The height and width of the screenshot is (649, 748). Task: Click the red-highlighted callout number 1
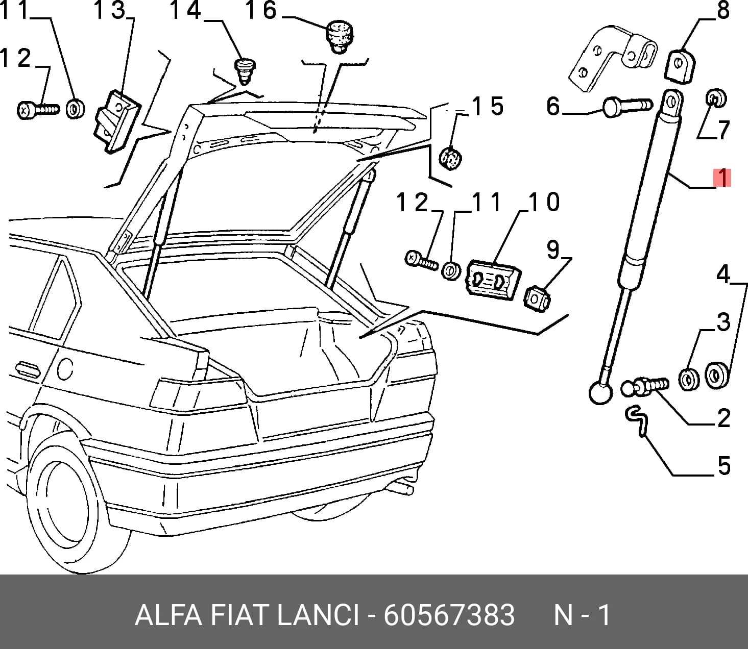(x=722, y=178)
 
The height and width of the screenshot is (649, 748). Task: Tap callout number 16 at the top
(x=260, y=10)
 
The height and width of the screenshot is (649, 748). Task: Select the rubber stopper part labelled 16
(x=340, y=37)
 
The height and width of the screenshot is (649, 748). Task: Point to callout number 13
(x=110, y=10)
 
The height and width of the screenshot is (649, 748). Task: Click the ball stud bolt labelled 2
(x=645, y=386)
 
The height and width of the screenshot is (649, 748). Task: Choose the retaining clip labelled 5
(x=637, y=421)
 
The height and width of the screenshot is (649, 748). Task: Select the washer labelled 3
(x=689, y=379)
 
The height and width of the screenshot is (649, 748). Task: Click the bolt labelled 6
(x=628, y=106)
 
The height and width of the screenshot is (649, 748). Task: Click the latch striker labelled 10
(x=493, y=280)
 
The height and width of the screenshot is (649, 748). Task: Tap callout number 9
(x=553, y=250)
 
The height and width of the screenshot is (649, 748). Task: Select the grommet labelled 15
(x=450, y=158)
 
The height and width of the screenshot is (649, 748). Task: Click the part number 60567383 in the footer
(x=449, y=615)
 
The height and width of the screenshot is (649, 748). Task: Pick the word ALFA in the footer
(x=168, y=615)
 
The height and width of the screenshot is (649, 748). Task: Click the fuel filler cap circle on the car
(x=65, y=369)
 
